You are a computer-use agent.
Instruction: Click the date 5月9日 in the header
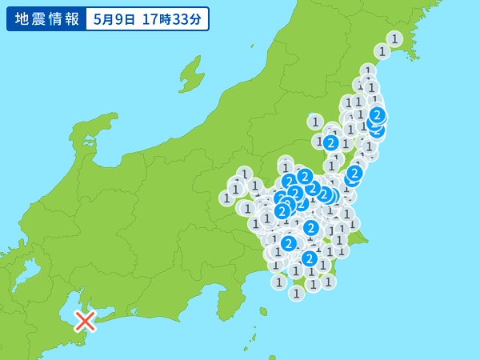[x=117, y=18]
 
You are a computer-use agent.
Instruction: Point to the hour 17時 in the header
[x=157, y=18]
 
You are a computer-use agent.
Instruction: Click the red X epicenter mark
[x=85, y=321]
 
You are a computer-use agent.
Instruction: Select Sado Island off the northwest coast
[x=191, y=74]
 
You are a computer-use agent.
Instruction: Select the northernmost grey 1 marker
[x=394, y=38]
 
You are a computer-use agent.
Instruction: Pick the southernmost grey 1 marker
[x=296, y=294]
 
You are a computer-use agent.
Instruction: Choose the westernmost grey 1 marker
[x=227, y=198]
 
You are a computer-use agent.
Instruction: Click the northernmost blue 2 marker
[x=377, y=115]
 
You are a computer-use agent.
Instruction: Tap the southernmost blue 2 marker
[x=310, y=258]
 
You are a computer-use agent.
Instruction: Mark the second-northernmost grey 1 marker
[x=382, y=51]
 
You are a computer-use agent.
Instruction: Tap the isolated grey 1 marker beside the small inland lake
[x=315, y=122]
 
